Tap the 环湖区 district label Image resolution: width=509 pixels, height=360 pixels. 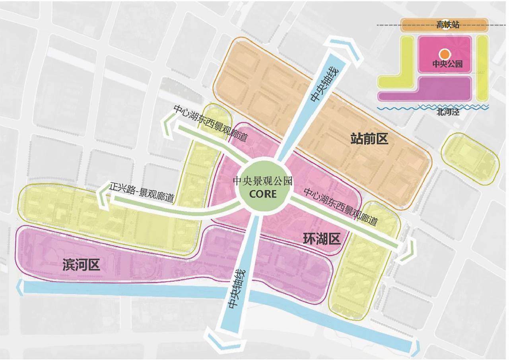(x=322, y=239)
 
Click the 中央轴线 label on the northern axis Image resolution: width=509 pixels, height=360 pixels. (x=324, y=85)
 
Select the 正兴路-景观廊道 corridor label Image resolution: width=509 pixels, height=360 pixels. (x=142, y=193)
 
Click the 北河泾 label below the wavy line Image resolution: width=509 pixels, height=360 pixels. (x=447, y=112)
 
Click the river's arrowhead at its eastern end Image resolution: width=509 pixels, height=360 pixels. (x=417, y=347)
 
